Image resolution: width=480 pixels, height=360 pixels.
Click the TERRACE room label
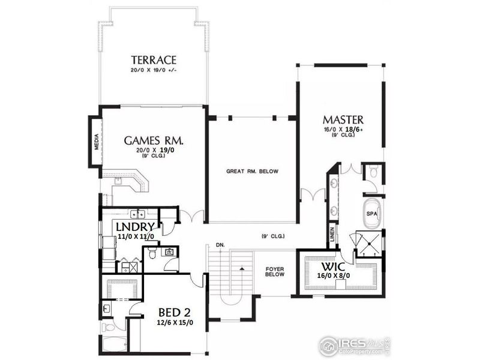coord(154,60)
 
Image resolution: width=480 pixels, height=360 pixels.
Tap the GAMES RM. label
coord(154,140)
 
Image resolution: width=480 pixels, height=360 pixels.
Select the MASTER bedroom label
coord(343,119)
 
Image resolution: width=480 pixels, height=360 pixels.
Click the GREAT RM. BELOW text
coord(252,172)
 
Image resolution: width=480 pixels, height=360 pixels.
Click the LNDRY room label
coord(136,227)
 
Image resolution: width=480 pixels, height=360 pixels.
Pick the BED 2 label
coord(176,313)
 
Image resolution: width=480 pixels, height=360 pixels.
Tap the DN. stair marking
coord(220,245)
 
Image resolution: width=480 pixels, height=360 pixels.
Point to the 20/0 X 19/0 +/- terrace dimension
coord(154,71)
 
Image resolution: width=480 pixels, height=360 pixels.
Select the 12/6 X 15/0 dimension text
coord(176,323)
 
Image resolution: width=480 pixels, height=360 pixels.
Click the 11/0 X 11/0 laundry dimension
coord(136,237)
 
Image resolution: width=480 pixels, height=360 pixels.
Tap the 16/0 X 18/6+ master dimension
coord(343,129)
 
